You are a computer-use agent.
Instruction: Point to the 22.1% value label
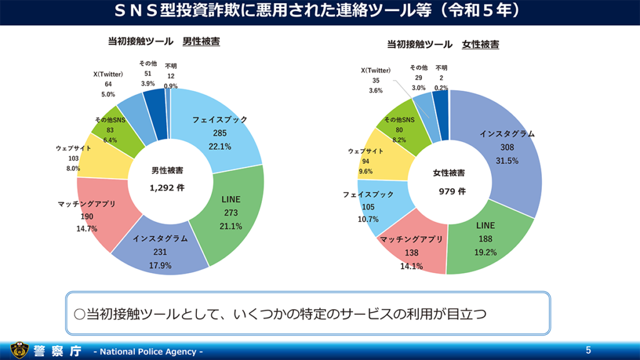(x=220, y=147)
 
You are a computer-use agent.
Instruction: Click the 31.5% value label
(x=507, y=161)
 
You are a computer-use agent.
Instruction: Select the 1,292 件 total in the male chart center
(x=167, y=187)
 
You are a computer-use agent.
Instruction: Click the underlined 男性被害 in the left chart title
(x=201, y=42)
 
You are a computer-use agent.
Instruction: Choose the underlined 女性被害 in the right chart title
(x=481, y=44)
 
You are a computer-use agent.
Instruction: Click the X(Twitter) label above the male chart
(x=108, y=74)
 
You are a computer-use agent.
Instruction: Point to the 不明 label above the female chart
(x=442, y=68)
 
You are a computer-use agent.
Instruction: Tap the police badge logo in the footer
(x=19, y=351)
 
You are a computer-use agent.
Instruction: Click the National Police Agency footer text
(x=148, y=352)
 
